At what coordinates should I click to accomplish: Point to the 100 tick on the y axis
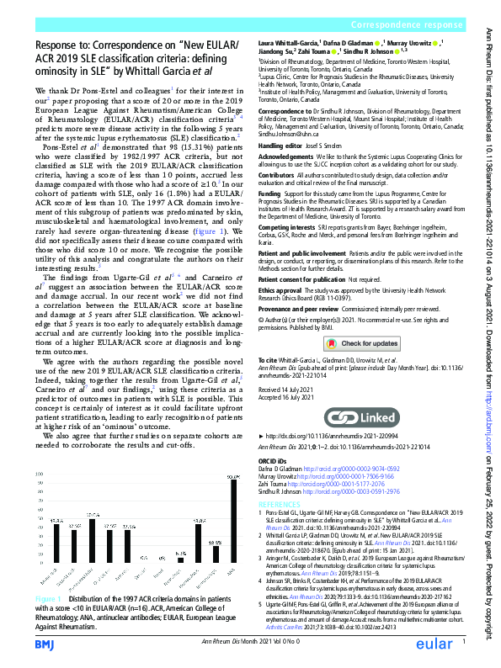point(39,474)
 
